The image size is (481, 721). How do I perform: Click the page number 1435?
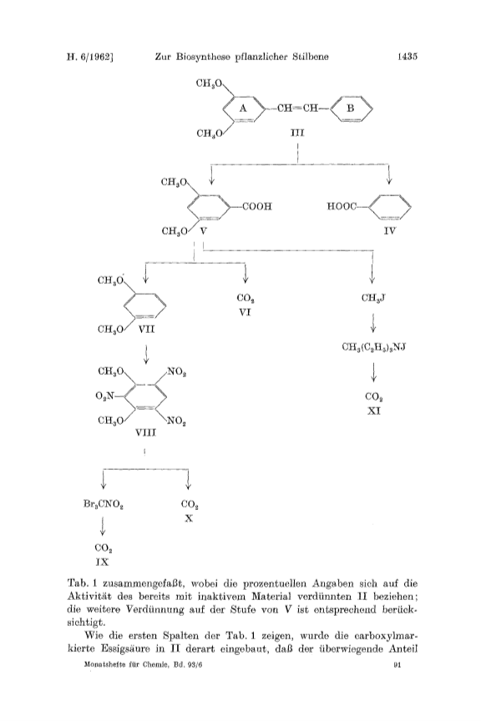click(x=407, y=57)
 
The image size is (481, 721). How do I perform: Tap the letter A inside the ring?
click(x=243, y=108)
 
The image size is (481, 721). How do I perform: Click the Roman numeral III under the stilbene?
click(x=297, y=133)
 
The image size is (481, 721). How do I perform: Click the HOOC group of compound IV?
click(x=342, y=206)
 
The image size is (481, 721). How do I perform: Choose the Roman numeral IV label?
click(x=389, y=230)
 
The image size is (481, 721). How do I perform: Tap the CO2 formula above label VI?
click(x=246, y=299)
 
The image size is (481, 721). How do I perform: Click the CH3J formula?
click(x=373, y=298)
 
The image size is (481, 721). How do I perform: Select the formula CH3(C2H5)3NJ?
click(x=374, y=346)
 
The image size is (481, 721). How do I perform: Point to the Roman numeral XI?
click(x=374, y=411)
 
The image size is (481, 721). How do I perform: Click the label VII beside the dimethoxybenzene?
click(x=146, y=330)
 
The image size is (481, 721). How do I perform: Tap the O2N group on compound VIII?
click(x=105, y=396)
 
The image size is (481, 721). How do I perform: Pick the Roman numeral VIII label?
click(x=145, y=433)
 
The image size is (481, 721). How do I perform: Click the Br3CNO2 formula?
click(x=103, y=505)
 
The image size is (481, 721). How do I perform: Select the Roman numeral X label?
click(x=189, y=518)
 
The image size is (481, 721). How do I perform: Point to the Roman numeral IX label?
click(x=102, y=562)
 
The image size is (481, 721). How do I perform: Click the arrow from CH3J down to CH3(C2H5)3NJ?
click(x=373, y=322)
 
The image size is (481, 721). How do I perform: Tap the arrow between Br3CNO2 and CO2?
click(x=103, y=526)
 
